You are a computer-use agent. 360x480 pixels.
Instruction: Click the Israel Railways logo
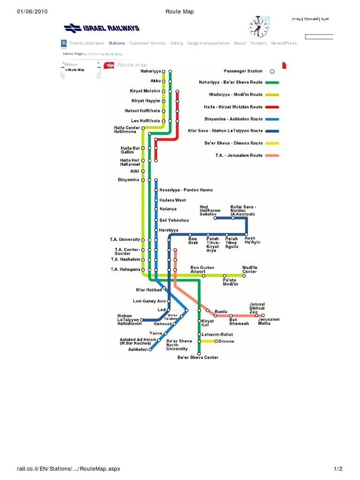(x=102, y=29)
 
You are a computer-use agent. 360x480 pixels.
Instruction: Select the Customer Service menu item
(x=148, y=43)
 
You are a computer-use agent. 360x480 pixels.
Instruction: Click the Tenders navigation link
(x=258, y=43)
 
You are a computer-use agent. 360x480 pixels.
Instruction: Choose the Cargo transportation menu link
(x=209, y=43)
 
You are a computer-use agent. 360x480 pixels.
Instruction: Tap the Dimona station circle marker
(x=216, y=341)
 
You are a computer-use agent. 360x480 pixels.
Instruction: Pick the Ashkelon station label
(x=138, y=349)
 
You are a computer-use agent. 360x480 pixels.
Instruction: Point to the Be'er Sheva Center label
(x=197, y=357)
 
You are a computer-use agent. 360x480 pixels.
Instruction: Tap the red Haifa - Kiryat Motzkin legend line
(x=272, y=107)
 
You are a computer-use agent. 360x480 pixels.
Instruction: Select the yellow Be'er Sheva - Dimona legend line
(x=272, y=143)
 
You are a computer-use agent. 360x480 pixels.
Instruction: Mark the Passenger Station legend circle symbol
(x=272, y=72)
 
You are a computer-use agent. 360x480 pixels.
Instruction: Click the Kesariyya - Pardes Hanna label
(x=186, y=190)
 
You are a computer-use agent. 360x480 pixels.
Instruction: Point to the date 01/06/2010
(x=32, y=11)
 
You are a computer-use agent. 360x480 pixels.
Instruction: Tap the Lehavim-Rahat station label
(x=217, y=334)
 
